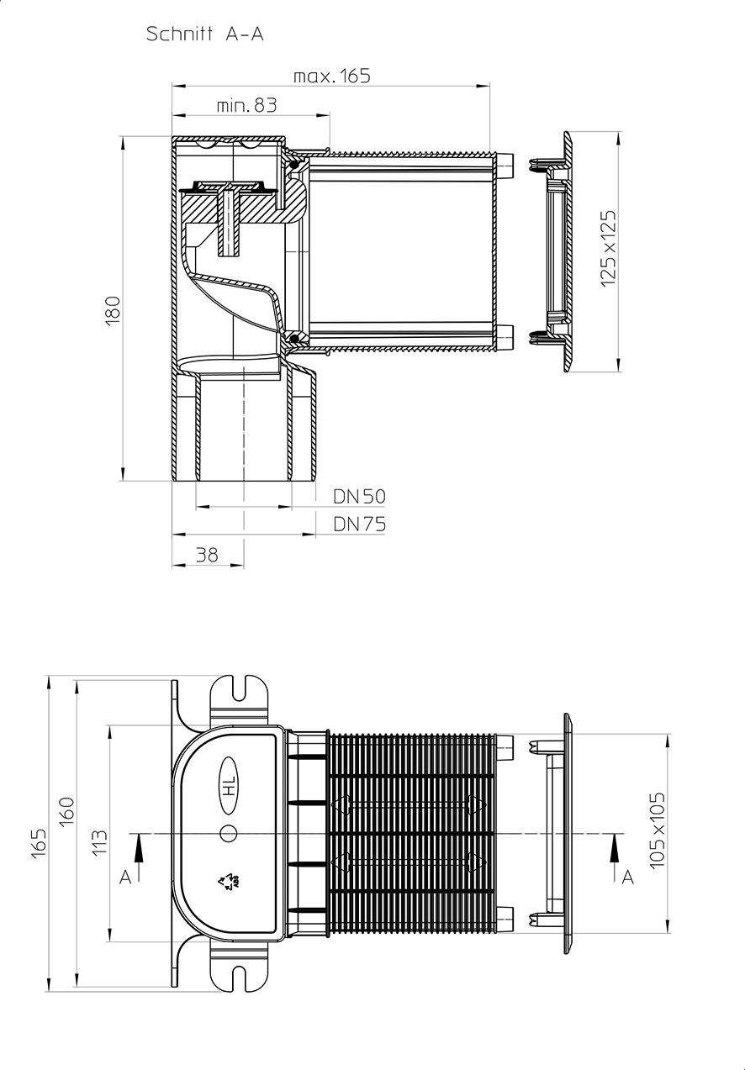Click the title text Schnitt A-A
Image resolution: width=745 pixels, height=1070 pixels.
(x=205, y=34)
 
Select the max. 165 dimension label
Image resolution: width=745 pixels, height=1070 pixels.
(x=332, y=76)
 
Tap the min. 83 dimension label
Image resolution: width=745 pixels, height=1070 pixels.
(x=246, y=105)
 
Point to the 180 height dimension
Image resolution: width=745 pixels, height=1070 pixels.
(x=113, y=310)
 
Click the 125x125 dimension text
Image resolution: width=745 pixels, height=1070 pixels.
(x=608, y=249)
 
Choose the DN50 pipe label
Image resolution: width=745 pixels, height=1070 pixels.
(x=359, y=497)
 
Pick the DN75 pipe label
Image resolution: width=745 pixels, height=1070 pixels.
(x=359, y=524)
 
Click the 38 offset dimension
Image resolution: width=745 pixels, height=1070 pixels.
(x=207, y=555)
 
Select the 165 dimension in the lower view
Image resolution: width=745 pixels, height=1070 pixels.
(x=39, y=844)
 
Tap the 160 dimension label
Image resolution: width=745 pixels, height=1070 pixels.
(x=66, y=811)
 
